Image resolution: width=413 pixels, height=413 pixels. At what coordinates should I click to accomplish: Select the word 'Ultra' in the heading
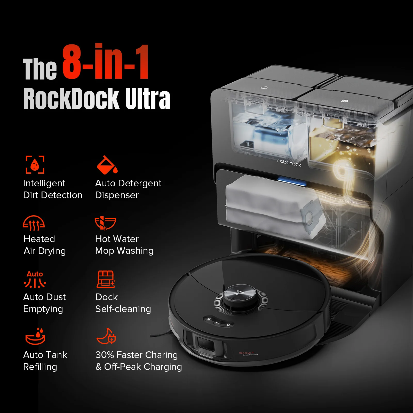[x=148, y=99]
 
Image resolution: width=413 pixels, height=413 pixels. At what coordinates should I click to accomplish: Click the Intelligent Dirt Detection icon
[x=35, y=164]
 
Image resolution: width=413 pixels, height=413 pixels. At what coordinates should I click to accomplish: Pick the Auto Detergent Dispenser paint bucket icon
[x=107, y=165]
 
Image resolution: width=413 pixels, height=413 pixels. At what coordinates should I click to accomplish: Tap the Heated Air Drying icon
[x=34, y=223]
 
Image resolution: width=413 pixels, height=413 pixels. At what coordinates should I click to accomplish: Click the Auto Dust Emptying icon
[x=35, y=280]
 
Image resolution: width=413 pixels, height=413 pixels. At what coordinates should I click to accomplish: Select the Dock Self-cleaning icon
[x=106, y=279]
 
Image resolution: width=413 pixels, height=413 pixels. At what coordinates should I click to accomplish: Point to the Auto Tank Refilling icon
[x=36, y=336]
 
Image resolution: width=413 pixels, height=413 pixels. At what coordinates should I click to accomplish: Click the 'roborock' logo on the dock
[x=289, y=163]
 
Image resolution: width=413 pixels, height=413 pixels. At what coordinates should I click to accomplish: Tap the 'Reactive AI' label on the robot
[x=247, y=353]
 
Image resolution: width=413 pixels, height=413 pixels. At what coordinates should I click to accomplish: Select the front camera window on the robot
[x=206, y=344]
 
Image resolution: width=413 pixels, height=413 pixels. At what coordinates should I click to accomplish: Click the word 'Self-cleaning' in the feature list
[x=123, y=309]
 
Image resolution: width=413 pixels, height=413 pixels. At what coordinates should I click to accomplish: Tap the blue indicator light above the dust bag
[x=292, y=181]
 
